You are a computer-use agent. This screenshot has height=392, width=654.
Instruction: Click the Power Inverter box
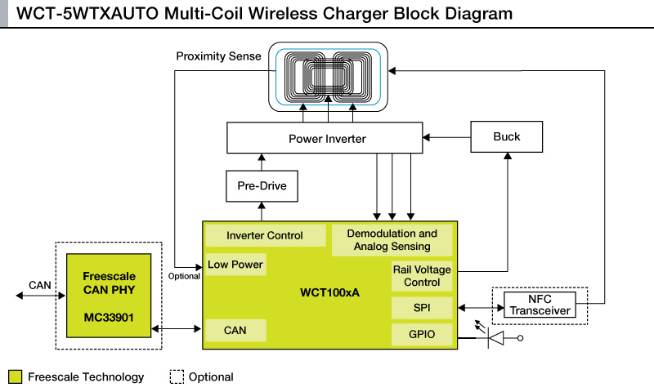[327, 139]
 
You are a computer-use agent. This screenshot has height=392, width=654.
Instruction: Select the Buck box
[507, 136]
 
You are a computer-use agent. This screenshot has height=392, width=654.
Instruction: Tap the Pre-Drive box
[262, 186]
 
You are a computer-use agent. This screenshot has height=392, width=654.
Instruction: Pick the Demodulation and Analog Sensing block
[392, 240]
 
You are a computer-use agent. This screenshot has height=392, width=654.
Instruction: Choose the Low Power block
[235, 265]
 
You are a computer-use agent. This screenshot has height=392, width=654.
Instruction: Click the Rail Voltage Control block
[422, 276]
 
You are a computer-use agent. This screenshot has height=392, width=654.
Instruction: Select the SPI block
[422, 308]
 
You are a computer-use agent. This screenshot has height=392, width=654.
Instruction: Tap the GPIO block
[422, 333]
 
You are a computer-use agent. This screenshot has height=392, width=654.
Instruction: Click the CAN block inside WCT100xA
[235, 330]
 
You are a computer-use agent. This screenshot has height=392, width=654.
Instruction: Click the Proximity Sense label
[219, 56]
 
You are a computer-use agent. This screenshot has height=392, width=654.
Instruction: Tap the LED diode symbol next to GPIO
[495, 336]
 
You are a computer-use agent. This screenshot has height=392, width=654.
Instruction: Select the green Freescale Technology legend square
[15, 376]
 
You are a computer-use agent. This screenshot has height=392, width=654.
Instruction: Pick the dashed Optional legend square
[176, 376]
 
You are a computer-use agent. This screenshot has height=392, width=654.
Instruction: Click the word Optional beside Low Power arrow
[185, 276]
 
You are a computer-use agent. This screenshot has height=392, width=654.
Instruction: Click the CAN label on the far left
[39, 285]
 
